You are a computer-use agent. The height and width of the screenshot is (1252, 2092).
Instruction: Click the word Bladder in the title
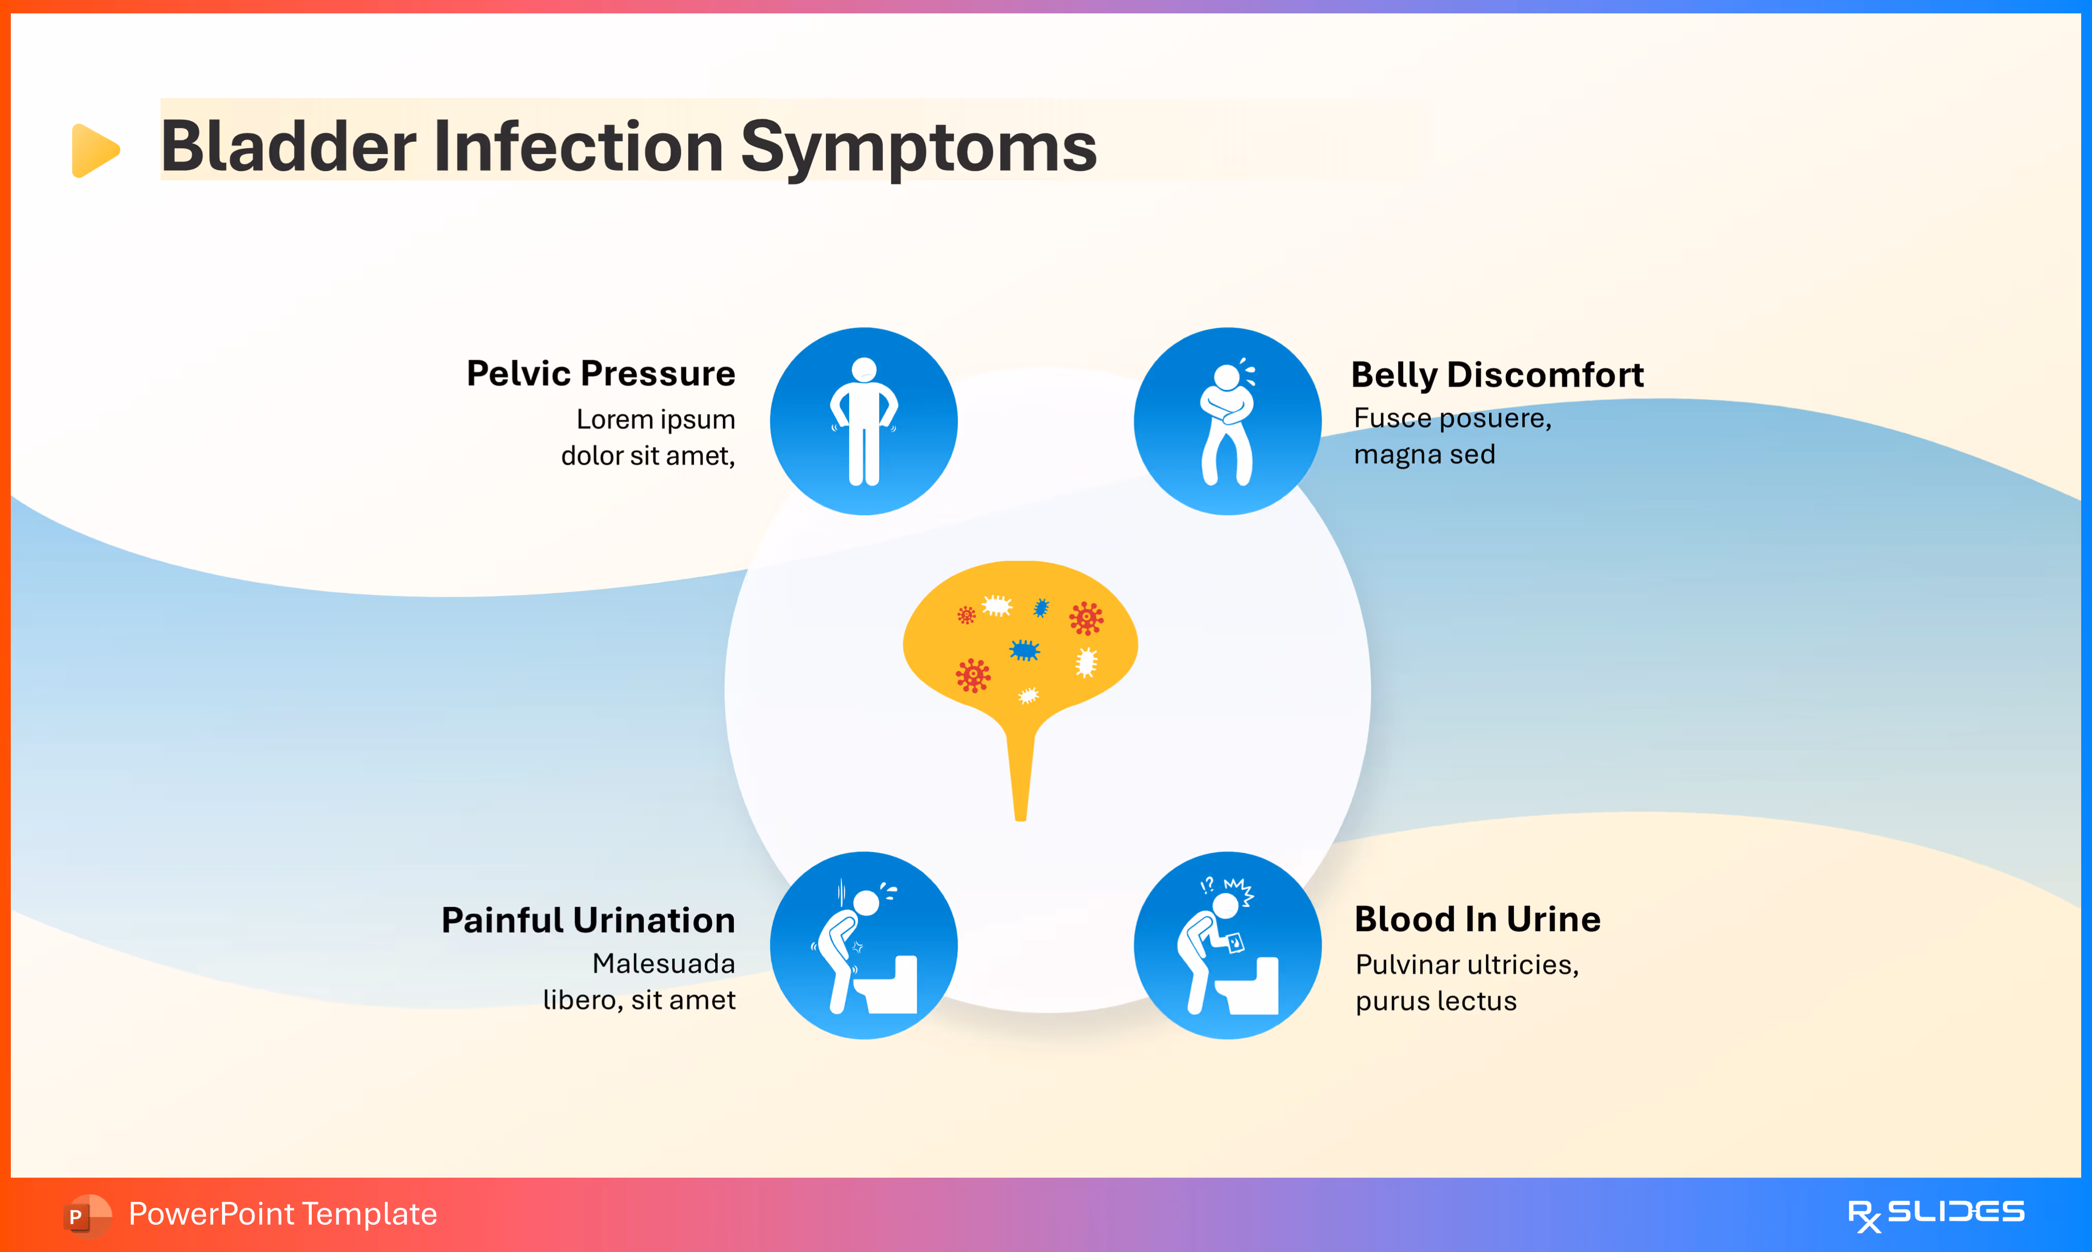pyautogui.click(x=288, y=147)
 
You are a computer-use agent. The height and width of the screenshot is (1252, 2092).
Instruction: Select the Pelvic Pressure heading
pyautogui.click(x=601, y=373)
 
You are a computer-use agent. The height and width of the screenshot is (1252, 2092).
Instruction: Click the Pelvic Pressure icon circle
pyautogui.click(x=863, y=421)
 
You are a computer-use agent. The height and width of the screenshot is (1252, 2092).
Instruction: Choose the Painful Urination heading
pyautogui.click(x=588, y=920)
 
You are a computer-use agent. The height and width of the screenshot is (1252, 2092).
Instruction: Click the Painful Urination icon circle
pyautogui.click(x=863, y=945)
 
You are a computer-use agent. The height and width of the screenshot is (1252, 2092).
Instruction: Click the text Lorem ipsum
pyautogui.click(x=655, y=419)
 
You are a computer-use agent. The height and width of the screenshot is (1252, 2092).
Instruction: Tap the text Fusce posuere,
pyautogui.click(x=1452, y=418)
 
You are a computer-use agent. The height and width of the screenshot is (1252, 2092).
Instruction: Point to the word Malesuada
pyautogui.click(x=663, y=963)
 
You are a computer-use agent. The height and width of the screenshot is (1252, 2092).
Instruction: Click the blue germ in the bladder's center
pyautogui.click(x=1024, y=650)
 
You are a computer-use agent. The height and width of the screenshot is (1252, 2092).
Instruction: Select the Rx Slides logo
pyautogui.click(x=1935, y=1214)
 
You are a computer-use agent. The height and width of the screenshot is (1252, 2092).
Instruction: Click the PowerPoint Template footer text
pyautogui.click(x=282, y=1214)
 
